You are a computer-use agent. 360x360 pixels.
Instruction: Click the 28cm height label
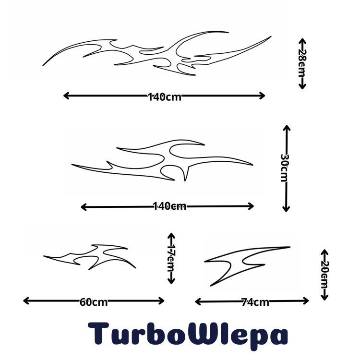(x=302, y=63)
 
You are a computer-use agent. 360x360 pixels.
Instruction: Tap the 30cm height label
(x=285, y=168)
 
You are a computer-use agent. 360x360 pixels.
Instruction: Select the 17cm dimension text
(x=171, y=258)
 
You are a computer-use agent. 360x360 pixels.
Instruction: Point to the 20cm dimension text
(x=324, y=275)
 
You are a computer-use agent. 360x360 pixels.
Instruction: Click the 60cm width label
(x=94, y=302)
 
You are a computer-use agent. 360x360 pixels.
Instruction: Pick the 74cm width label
(x=255, y=302)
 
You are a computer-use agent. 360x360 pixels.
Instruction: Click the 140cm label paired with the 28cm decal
(x=165, y=97)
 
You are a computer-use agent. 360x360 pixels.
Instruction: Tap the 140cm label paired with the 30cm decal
(x=169, y=206)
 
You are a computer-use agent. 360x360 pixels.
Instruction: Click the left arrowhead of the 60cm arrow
(x=26, y=301)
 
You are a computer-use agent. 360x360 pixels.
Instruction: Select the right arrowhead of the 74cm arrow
(x=306, y=301)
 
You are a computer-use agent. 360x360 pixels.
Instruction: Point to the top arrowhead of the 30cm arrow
(x=287, y=128)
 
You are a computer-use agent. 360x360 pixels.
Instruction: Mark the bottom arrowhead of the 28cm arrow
(x=302, y=86)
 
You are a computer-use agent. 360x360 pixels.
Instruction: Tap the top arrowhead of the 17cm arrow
(x=171, y=236)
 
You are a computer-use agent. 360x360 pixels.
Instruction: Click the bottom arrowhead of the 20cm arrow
(x=324, y=298)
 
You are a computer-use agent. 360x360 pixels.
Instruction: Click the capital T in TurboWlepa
(x=98, y=334)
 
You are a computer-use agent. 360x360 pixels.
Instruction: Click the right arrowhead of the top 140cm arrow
(x=262, y=96)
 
